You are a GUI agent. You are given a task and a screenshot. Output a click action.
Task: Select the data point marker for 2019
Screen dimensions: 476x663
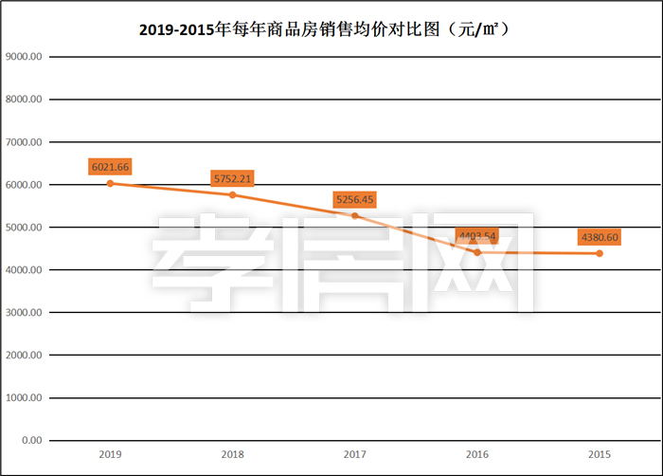110,183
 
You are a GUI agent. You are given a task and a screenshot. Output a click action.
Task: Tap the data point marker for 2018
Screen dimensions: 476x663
232,194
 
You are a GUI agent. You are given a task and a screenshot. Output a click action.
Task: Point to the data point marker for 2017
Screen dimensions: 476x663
355,215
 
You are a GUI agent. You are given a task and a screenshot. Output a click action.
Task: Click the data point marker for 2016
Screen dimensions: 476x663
477,252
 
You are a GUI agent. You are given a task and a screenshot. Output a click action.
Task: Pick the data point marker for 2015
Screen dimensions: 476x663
600,253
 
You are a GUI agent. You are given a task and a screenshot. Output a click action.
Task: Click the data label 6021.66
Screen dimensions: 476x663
110,167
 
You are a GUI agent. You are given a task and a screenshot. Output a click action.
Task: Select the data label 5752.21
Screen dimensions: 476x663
232,178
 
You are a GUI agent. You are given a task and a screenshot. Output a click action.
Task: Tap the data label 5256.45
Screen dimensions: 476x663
355,199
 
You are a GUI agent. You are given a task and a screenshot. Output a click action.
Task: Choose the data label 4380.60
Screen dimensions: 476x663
600,237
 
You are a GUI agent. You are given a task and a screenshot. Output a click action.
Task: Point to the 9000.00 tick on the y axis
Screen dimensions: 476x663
25,57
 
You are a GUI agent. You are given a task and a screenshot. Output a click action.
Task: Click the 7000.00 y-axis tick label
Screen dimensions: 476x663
25,142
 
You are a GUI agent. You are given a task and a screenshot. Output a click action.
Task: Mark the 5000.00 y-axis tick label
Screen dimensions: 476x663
25,228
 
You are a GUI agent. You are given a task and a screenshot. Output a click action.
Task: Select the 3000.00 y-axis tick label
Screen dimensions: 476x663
25,313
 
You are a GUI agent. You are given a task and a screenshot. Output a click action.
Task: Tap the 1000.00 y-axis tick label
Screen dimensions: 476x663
25,398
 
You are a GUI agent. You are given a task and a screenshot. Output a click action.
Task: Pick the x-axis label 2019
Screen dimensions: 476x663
110,454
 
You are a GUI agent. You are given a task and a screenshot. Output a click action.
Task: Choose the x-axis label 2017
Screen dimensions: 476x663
355,454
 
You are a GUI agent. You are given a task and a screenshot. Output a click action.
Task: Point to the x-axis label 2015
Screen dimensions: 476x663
600,454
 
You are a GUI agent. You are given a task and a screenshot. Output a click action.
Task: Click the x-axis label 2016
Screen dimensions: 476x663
477,454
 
